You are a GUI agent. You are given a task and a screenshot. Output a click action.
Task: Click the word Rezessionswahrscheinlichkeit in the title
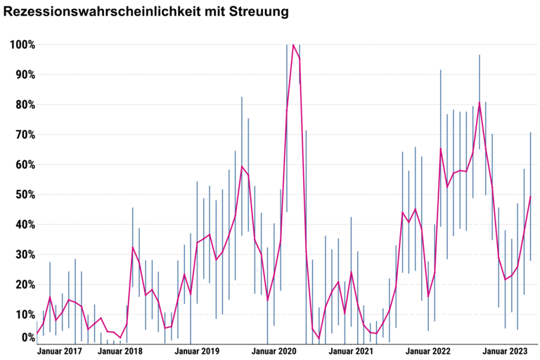pos(100,12)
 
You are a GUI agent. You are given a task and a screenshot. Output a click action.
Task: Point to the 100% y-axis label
pos(22,45)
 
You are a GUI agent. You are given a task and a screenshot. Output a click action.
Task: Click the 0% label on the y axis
pos(27,337)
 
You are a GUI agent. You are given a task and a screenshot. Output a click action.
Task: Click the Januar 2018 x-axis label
pos(120,350)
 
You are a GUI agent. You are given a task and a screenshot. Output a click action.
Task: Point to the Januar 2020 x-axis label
pos(274,350)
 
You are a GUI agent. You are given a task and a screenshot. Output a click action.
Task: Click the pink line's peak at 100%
pos(293,44)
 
